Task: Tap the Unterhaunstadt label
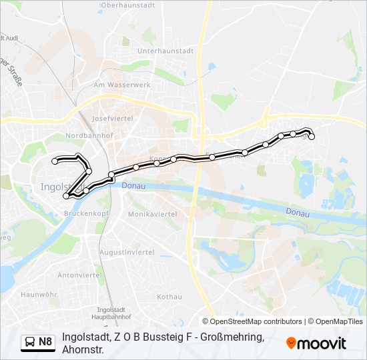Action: pos(165,51)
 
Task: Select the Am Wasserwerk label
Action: pos(122,85)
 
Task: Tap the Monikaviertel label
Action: pos(152,214)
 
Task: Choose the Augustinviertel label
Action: pos(127,252)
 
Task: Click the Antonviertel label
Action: pos(78,275)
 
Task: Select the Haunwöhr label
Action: pos(38,294)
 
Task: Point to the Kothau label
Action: pos(169,297)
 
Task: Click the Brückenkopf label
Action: pos(86,213)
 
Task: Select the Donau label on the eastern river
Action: pos(297,213)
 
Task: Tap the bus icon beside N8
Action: pos(31,343)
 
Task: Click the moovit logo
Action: pos(316,343)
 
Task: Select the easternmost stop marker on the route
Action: pos(312,137)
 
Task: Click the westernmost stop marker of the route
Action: pos(55,161)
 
